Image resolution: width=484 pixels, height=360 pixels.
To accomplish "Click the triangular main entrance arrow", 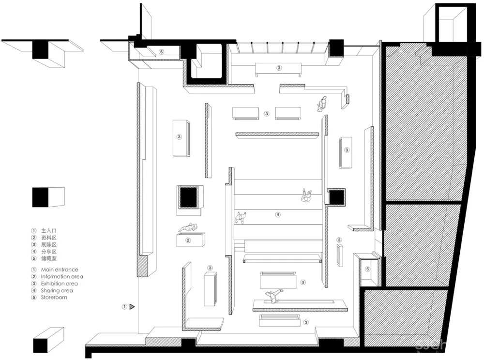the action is click(x=132, y=307).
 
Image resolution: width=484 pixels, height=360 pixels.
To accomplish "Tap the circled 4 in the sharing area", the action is click(x=278, y=215).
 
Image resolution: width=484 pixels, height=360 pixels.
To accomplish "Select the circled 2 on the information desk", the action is click(x=188, y=240).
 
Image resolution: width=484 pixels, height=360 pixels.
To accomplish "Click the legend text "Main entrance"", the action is click(x=60, y=270).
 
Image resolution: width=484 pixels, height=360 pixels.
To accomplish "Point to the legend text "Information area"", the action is click(x=62, y=277).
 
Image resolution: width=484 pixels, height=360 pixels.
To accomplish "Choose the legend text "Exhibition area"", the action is click(x=59, y=284).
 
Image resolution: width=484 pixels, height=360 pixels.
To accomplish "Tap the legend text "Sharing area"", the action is click(x=57, y=291).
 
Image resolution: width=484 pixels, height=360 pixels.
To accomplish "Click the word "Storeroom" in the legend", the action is click(x=54, y=298).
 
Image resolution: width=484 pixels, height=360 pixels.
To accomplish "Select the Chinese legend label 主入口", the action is click(x=49, y=231).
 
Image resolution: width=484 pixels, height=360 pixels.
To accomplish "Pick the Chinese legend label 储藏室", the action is click(x=49, y=258).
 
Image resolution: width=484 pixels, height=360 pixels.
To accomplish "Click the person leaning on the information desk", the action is click(x=188, y=227).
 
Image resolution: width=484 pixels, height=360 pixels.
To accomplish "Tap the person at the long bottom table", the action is click(x=273, y=296).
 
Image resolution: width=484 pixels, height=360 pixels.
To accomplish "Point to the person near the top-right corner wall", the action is click(x=322, y=104).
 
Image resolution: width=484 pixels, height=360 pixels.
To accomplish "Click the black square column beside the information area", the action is click(x=188, y=197).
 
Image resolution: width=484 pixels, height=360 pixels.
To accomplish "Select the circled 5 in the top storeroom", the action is click(x=162, y=52).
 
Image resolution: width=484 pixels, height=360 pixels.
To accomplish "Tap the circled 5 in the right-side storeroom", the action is click(x=367, y=269).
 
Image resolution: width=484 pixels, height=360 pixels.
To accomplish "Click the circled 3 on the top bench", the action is click(x=279, y=68).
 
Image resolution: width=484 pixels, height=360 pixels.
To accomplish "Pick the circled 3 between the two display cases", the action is click(x=267, y=114).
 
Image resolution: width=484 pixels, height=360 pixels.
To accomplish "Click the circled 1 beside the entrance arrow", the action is click(x=124, y=307).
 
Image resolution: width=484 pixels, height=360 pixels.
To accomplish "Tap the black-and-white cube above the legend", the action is click(x=48, y=197).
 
